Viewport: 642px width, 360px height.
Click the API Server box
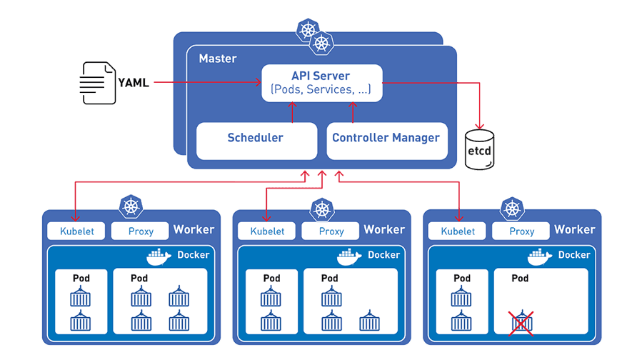coord(321,83)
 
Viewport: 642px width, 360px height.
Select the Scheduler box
coord(256,139)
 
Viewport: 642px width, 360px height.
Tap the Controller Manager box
coord(386,139)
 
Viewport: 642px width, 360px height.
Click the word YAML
coord(134,83)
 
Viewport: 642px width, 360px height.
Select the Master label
coord(217,58)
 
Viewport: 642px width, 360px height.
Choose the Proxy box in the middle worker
coord(331,231)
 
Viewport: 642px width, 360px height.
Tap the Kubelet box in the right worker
coord(458,231)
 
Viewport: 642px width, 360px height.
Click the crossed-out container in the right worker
coord(521,322)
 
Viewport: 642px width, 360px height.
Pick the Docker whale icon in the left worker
coord(159,256)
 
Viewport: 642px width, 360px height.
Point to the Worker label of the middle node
coord(384,229)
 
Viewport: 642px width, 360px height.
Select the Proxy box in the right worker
coord(521,231)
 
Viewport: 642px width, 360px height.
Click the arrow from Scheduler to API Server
coord(292,111)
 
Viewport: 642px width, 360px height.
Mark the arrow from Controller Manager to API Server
coord(351,111)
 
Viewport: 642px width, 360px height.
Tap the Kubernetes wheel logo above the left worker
coord(131,207)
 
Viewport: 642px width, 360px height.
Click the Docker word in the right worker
coord(573,255)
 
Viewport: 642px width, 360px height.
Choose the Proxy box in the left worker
coord(140,231)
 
